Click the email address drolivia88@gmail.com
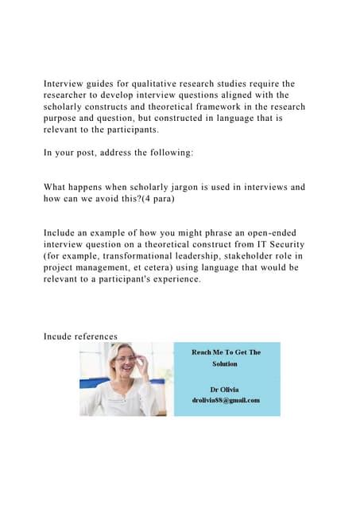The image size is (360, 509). coord(225,399)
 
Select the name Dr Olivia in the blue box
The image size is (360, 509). coord(225,389)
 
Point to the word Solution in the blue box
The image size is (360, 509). coord(224,363)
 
